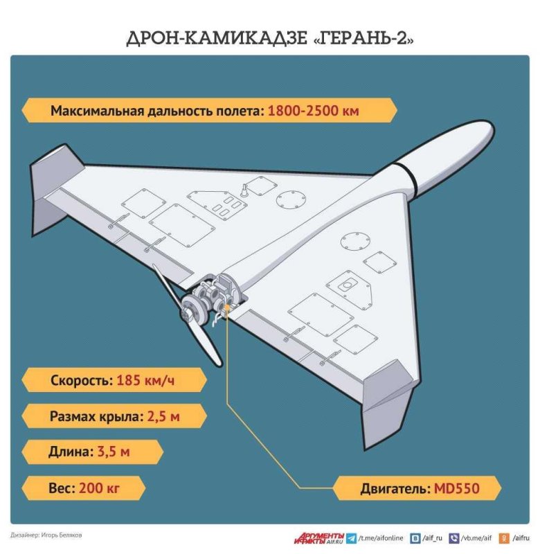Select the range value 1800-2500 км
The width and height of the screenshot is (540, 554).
click(312, 111)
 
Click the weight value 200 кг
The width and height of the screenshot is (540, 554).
click(100, 488)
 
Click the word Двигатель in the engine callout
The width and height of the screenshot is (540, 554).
click(393, 488)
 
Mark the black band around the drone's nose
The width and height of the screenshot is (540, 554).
click(406, 175)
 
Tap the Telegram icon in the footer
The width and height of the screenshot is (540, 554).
click(352, 537)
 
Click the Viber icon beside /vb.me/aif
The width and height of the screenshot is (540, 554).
click(454, 537)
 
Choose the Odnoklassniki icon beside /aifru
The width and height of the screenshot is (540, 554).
click(505, 537)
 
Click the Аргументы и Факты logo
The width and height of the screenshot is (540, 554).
click(318, 537)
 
